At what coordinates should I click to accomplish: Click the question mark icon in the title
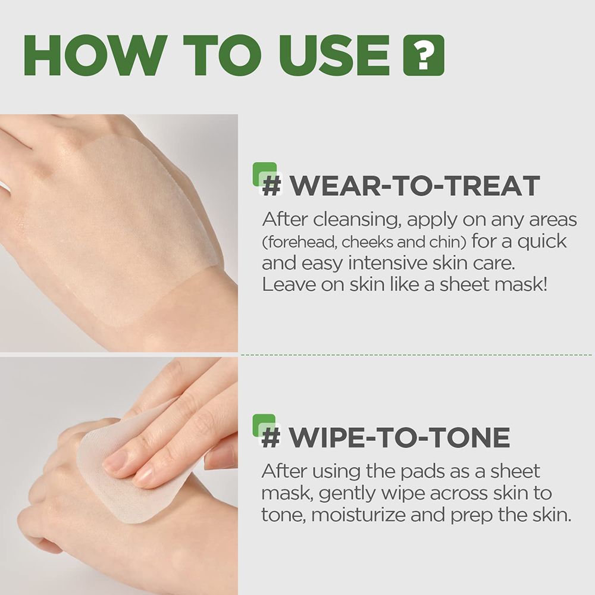(x=423, y=55)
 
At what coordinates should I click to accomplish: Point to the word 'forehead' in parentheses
(x=291, y=242)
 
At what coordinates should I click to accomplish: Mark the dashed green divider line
(x=416, y=355)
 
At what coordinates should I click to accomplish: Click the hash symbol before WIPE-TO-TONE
(x=271, y=438)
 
